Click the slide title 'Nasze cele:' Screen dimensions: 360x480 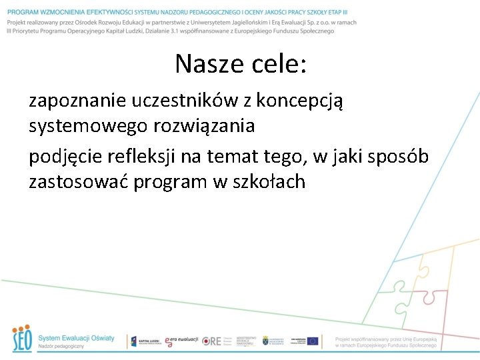(241, 64)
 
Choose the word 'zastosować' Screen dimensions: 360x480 (78, 181)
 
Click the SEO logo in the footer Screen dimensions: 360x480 (21, 339)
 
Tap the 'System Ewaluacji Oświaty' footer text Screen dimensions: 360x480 (76, 338)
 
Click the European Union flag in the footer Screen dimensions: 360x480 (313, 341)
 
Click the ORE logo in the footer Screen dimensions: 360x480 (212, 341)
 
